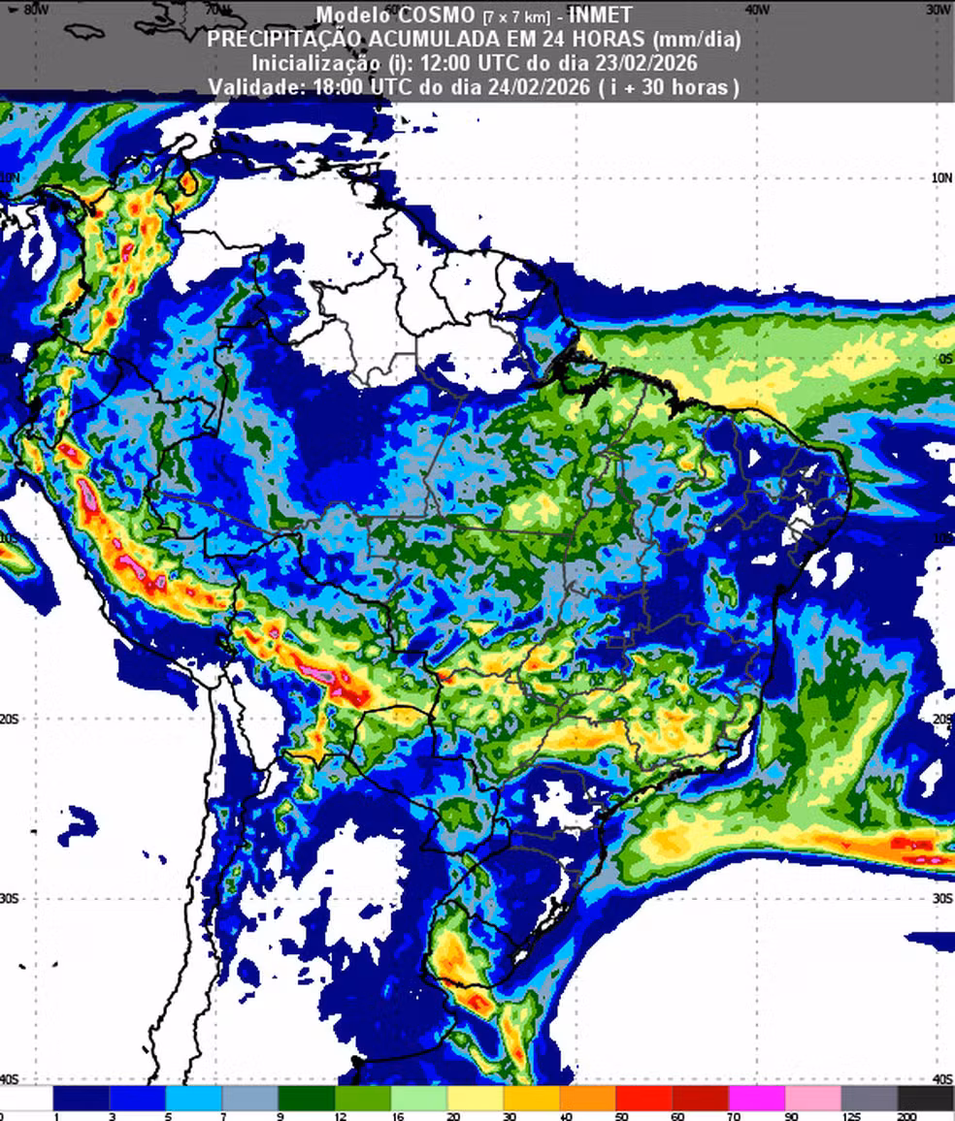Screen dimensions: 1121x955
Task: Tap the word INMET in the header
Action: point(600,16)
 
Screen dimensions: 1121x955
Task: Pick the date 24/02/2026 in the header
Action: point(537,86)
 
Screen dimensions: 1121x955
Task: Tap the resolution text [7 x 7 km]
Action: point(516,16)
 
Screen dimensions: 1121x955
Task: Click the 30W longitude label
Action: point(939,9)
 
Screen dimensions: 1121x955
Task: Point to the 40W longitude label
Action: point(757,9)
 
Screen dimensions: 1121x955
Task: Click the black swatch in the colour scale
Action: point(925,1098)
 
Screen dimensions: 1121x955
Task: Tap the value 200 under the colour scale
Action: point(906,1116)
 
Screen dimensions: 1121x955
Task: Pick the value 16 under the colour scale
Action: point(398,1116)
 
